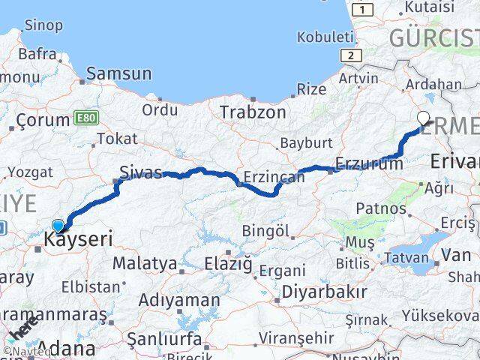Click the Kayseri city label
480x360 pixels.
click(x=79, y=240)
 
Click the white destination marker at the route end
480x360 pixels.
click(x=424, y=118)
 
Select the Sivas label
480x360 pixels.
click(x=141, y=172)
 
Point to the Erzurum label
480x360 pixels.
click(x=370, y=163)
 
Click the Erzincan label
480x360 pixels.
click(x=274, y=178)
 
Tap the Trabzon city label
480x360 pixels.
click(x=253, y=112)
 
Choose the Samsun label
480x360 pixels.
click(x=119, y=73)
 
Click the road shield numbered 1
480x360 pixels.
click(x=364, y=9)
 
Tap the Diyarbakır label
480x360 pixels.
click(x=324, y=291)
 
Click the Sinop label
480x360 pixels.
click(x=43, y=25)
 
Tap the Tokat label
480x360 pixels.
click(x=117, y=139)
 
